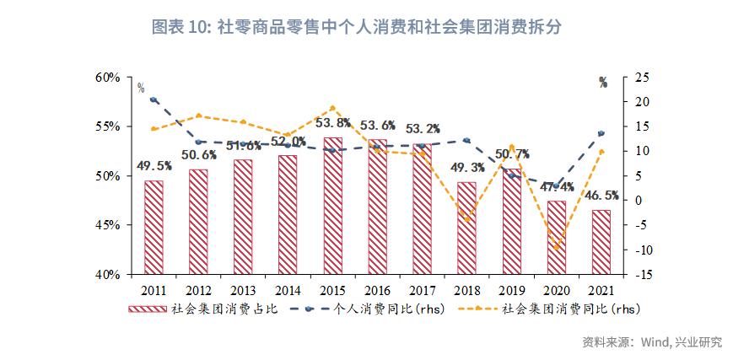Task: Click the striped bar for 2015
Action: click(332, 206)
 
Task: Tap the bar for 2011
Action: click(154, 228)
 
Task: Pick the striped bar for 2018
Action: click(466, 228)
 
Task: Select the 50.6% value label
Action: click(198, 155)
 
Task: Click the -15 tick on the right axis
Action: click(640, 275)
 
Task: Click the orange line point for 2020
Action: click(556, 248)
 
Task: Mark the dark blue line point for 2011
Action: click(154, 100)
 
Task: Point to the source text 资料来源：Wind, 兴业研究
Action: click(651, 342)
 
